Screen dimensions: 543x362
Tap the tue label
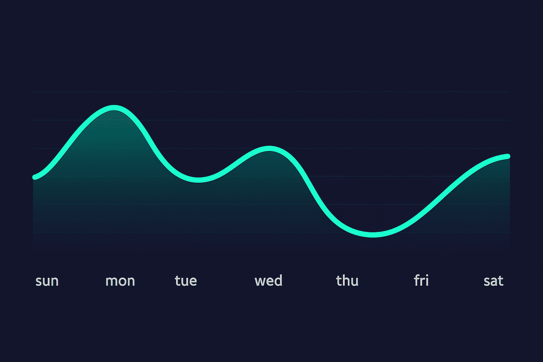click(186, 281)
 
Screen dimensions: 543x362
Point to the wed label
click(268, 280)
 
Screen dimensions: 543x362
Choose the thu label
click(347, 280)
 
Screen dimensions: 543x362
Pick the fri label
click(421, 280)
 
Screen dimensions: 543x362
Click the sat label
click(493, 281)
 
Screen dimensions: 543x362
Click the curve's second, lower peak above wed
click(269, 148)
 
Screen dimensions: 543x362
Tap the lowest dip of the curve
click(373, 234)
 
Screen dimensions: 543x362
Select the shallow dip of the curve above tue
click(198, 180)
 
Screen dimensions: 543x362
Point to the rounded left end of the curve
click(35, 177)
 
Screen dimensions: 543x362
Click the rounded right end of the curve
click(508, 156)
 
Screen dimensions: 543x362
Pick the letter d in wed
click(279, 280)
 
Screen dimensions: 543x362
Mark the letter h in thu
click(346, 280)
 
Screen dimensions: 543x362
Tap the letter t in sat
click(501, 281)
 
